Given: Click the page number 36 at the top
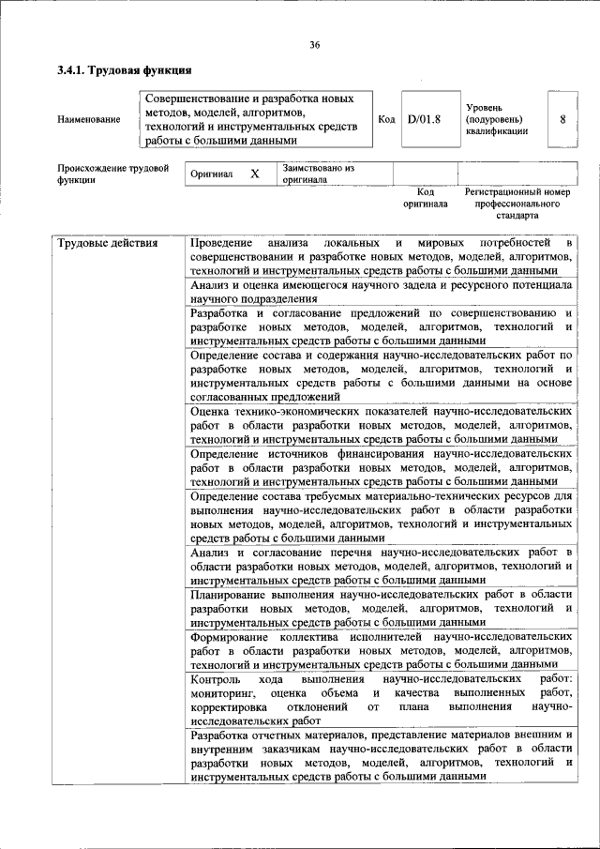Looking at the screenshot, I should [314, 44].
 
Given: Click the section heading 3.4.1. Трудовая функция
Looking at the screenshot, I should [125, 70].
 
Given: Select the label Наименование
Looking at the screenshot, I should [88, 119].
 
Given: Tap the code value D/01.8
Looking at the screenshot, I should [424, 119].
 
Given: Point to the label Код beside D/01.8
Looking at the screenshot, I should [386, 119].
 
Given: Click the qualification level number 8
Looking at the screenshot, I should [562, 119].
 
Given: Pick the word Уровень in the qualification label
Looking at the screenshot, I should [485, 108].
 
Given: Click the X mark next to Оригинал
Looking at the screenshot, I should [254, 174].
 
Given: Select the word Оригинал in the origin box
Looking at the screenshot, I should [211, 174].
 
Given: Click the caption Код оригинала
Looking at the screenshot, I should [425, 197].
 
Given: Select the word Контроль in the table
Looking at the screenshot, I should [215, 677].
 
